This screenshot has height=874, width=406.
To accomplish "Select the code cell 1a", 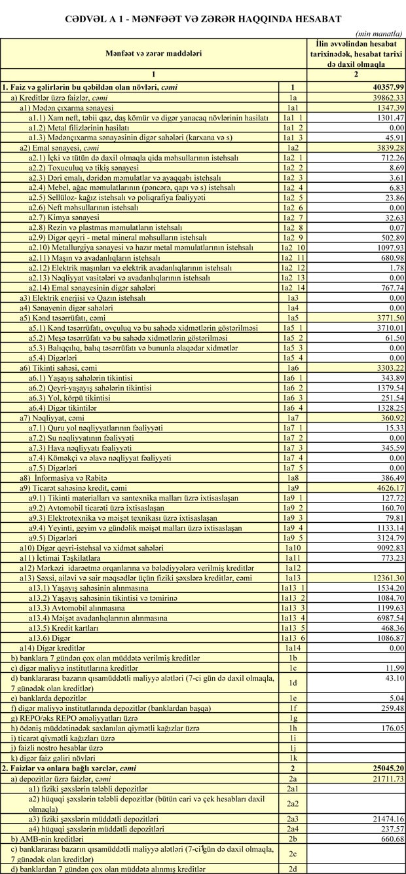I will point(293,97).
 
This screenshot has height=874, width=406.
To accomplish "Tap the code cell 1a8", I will point(293,478).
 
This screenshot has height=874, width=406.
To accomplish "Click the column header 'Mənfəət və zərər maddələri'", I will point(155,52).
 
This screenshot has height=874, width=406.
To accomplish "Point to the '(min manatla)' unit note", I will point(379,33).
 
